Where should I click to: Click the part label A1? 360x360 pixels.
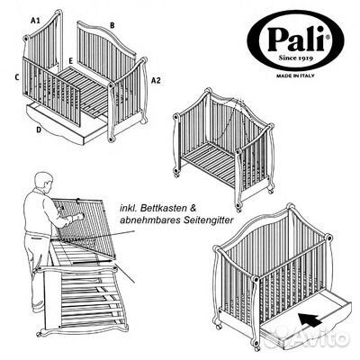(35, 21)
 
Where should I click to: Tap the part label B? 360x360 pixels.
(112, 25)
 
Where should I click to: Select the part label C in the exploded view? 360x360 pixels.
(17, 77)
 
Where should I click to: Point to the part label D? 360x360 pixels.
(39, 130)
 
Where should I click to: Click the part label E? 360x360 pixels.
(70, 60)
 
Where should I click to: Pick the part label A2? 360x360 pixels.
(156, 81)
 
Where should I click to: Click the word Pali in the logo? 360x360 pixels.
(295, 39)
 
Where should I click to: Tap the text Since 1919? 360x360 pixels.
(296, 58)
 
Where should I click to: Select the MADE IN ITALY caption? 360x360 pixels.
(295, 76)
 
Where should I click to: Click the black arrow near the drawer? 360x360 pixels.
(310, 319)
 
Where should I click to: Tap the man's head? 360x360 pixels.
(44, 181)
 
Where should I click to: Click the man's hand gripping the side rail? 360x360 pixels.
(78, 217)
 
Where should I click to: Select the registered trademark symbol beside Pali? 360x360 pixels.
(328, 37)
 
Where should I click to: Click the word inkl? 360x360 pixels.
(128, 208)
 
